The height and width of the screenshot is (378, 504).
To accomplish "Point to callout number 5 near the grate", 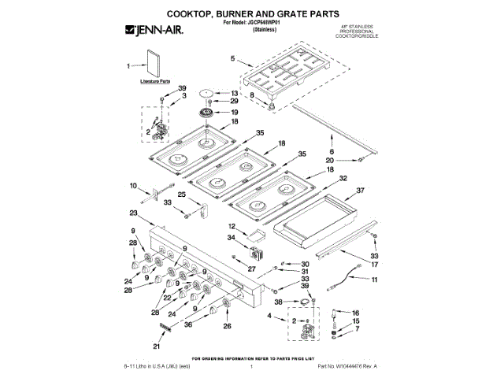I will click(232, 58).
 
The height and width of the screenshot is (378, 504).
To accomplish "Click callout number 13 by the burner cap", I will click(234, 92).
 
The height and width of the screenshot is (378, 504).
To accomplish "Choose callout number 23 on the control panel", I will click(134, 213).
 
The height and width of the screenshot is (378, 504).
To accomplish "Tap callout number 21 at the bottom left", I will click(156, 346).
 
